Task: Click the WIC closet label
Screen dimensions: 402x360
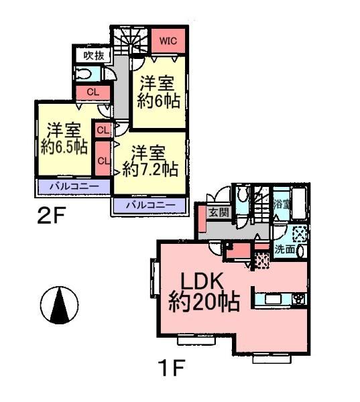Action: pyautogui.click(x=168, y=41)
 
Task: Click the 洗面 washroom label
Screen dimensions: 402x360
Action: pyautogui.click(x=285, y=249)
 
